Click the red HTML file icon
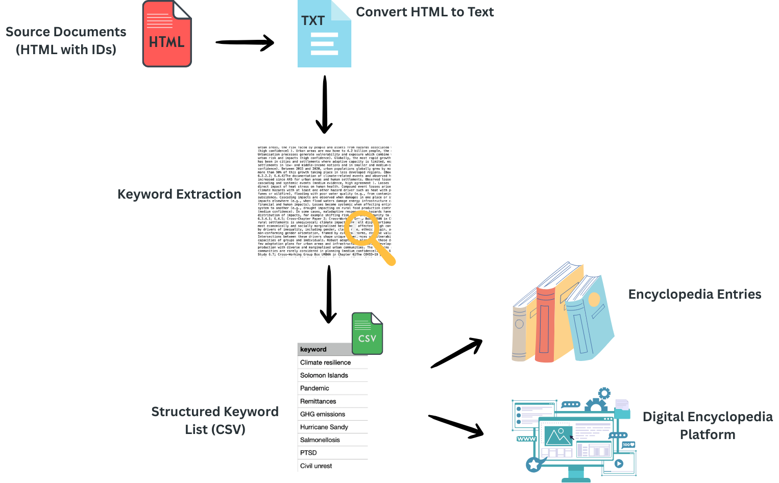pyautogui.click(x=167, y=35)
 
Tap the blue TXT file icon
pyautogui.click(x=324, y=35)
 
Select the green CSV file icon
pyautogui.click(x=367, y=334)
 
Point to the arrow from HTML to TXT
pyautogui.click(x=245, y=42)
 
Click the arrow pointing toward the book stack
pyautogui.click(x=456, y=353)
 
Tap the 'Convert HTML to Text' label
pyautogui.click(x=425, y=12)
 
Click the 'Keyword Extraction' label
pyautogui.click(x=179, y=195)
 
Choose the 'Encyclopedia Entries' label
pyautogui.click(x=695, y=295)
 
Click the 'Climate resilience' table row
pyautogui.click(x=326, y=363)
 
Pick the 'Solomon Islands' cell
pyautogui.click(x=324, y=375)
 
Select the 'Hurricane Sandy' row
pyautogui.click(x=324, y=427)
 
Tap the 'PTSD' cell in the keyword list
pyautogui.click(x=308, y=453)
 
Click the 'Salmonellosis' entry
pyautogui.click(x=320, y=440)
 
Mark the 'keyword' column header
pyautogui.click(x=313, y=349)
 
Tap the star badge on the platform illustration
pyautogui.click(x=533, y=465)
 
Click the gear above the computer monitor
pyautogui.click(x=604, y=393)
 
